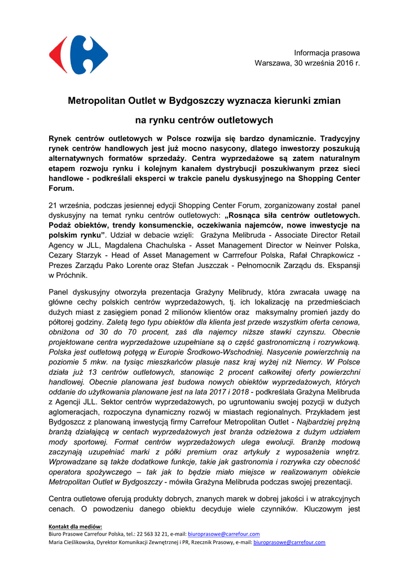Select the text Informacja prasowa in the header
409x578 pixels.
click(x=327, y=52)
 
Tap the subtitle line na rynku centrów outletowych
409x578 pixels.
click(x=204, y=120)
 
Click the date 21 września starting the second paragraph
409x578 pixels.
click(x=68, y=205)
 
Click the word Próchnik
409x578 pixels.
click(x=71, y=276)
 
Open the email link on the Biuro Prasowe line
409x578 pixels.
click(x=223, y=534)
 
